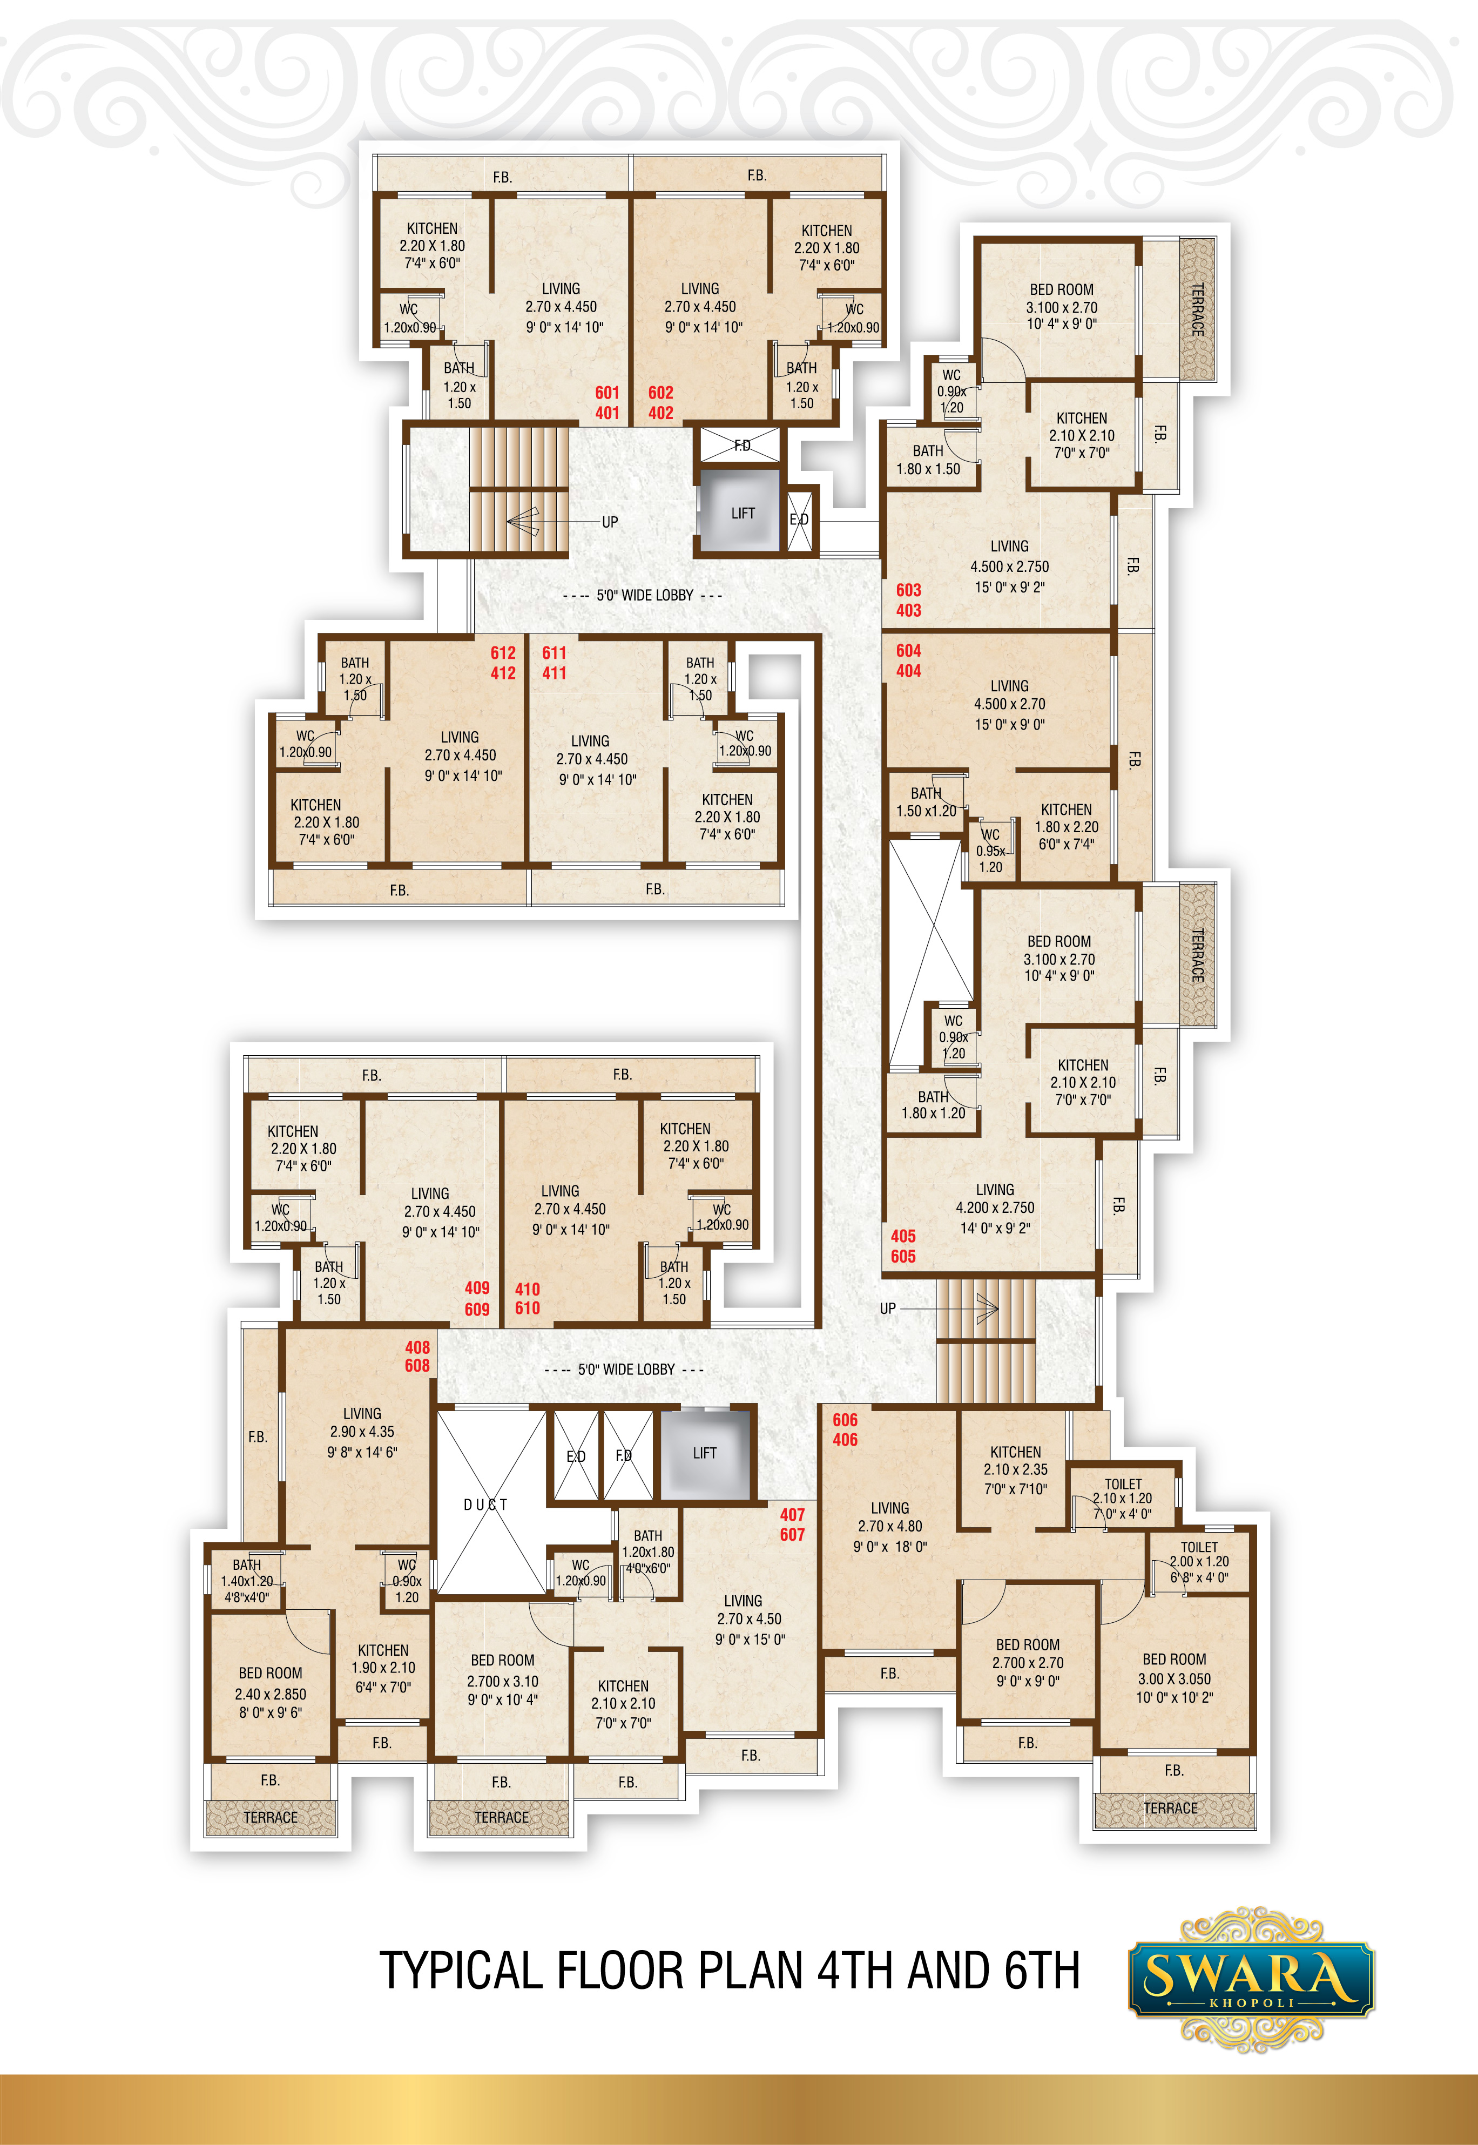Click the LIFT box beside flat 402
(x=742, y=512)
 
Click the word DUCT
(x=486, y=1504)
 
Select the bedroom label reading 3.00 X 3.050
(x=1175, y=1678)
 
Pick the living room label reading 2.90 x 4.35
(x=362, y=1432)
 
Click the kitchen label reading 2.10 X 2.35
(x=1016, y=1469)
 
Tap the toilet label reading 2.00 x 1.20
(x=1199, y=1562)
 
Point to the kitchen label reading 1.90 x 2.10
(x=383, y=1667)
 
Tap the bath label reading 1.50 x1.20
(x=926, y=811)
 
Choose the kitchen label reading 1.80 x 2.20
(x=1067, y=827)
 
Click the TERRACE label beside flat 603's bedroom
(x=1197, y=309)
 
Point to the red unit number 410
(x=527, y=1289)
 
